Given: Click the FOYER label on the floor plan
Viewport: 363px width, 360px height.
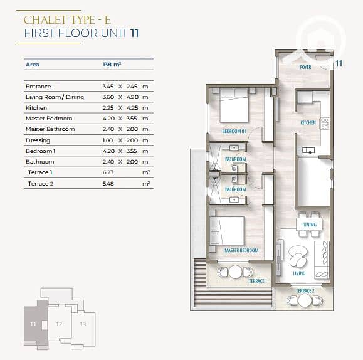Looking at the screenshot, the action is coord(305,67).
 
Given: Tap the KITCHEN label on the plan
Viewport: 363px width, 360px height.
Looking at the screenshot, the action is coord(308,123).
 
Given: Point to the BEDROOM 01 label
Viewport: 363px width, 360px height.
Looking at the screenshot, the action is coord(234,131).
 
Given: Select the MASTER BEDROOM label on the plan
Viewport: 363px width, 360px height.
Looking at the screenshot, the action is coord(241,250).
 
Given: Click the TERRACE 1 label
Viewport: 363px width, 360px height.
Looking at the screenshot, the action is coord(258,281).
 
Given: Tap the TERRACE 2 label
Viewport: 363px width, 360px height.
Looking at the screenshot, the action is coord(305,291).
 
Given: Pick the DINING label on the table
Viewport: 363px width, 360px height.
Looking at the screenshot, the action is coord(309,225).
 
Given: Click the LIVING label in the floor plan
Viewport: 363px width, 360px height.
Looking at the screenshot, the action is coord(299,273).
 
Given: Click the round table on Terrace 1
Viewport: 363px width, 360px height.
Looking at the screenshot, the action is coord(235,272).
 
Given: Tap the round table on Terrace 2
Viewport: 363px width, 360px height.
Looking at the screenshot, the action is coord(305,300).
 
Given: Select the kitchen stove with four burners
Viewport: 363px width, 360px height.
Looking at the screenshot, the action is coord(325,124).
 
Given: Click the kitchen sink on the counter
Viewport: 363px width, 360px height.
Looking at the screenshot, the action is coord(308,151).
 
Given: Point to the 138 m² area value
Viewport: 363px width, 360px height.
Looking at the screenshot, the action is coord(112,65).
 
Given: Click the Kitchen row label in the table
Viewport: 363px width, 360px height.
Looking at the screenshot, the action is coord(36,108).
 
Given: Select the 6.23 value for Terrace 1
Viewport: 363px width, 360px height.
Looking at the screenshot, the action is coord(108,172).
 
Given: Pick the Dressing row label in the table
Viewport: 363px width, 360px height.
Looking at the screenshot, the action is coord(38,140).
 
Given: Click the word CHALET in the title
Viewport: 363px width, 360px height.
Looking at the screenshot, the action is coord(45,20).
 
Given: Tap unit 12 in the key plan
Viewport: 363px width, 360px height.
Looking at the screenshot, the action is coord(59,324).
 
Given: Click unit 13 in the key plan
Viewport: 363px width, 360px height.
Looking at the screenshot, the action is coord(83,324).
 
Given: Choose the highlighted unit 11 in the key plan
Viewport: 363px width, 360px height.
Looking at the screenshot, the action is coord(33,324).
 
